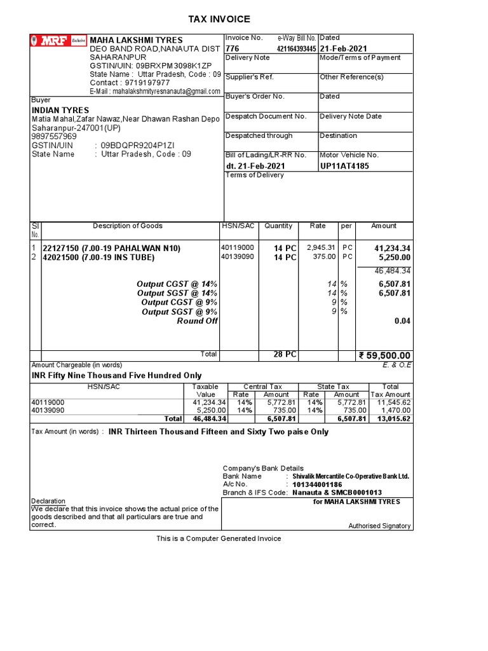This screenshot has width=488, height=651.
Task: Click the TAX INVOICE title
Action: click(x=219, y=20)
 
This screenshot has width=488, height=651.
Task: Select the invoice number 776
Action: click(x=233, y=49)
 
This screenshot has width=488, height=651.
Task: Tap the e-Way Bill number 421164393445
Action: click(x=296, y=49)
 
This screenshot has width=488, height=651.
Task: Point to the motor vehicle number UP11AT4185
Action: click(x=344, y=166)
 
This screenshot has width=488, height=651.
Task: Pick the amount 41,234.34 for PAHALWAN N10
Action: click(x=392, y=248)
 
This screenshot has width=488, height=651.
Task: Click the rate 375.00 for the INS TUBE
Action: click(x=323, y=257)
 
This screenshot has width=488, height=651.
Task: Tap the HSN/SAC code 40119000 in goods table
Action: click(x=237, y=247)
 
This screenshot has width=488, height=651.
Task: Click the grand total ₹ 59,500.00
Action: click(x=385, y=355)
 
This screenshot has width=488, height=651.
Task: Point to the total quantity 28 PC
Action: click(x=285, y=354)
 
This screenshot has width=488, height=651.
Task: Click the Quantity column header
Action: click(x=278, y=226)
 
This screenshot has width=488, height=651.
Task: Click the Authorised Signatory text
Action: click(x=379, y=526)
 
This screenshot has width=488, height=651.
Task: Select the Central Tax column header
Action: click(x=262, y=387)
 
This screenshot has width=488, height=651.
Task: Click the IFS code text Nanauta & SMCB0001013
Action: click(x=337, y=493)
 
